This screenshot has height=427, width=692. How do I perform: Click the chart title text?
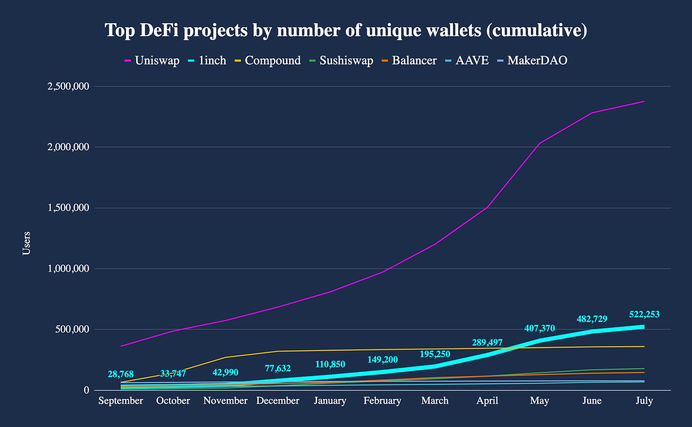tap(346, 30)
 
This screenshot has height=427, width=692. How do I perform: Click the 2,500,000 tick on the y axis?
tap(67, 86)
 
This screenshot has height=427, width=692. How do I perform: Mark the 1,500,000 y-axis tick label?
tap(67, 208)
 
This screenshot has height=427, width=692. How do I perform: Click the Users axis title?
tap(27, 243)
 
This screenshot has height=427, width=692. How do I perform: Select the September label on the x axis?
tap(121, 401)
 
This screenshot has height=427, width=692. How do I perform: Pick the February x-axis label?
tap(382, 401)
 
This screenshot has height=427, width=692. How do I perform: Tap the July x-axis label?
tap(644, 401)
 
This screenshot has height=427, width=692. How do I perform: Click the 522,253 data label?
tap(644, 314)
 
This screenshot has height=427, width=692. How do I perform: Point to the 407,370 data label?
tap(539, 328)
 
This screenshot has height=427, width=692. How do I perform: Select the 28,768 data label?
tap(121, 374)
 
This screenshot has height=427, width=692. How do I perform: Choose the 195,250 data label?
tap(435, 354)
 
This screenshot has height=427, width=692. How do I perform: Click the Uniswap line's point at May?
tap(539, 143)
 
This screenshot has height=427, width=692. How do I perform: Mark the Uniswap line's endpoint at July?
tap(644, 101)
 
